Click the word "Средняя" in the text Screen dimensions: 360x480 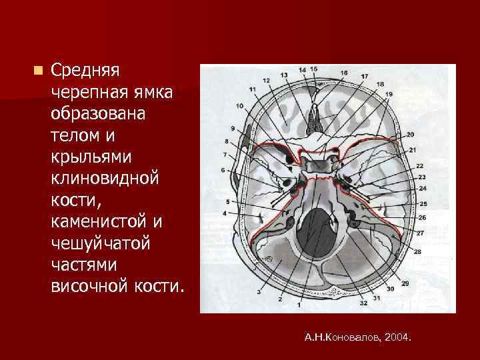pyautogui.click(x=85, y=69)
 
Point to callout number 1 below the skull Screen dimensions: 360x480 pyautogui.click(x=299, y=305)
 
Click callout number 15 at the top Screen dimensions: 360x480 pyautogui.click(x=313, y=69)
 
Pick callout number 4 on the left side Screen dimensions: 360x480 pyautogui.click(x=225, y=213)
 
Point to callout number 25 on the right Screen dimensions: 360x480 pyautogui.click(x=423, y=203)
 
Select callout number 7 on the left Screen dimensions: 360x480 pyautogui.click(x=225, y=154)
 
